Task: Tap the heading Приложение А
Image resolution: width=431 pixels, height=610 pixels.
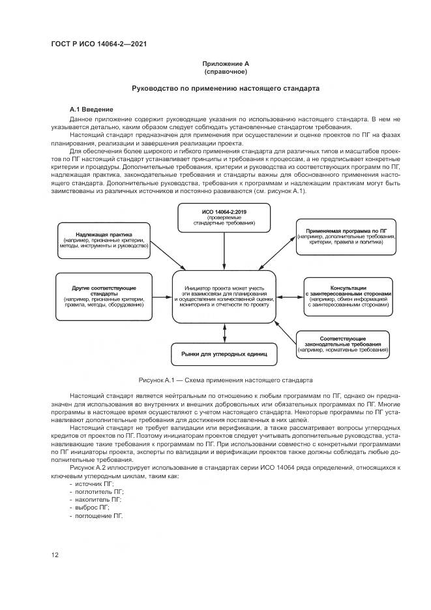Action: pos(226,63)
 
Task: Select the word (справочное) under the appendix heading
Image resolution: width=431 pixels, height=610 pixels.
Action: pos(226,71)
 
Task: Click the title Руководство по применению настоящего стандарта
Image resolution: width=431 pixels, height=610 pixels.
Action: pos(226,87)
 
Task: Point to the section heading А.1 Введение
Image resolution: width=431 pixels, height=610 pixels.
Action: pos(92,108)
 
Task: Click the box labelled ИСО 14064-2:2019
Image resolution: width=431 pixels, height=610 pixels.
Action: pos(224,217)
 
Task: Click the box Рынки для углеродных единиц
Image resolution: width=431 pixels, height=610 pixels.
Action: pos(224,355)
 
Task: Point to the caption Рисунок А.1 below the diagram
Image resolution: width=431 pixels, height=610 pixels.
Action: pos(226,379)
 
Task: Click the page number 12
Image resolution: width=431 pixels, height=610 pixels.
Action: pos(55,555)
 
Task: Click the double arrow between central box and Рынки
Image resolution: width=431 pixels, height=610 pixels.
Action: pos(224,333)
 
